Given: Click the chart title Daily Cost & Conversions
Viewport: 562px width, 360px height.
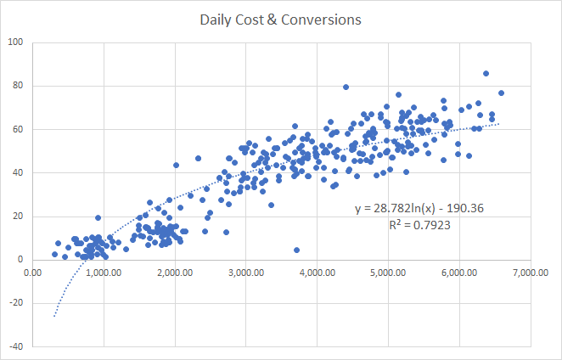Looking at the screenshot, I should pos(279,18).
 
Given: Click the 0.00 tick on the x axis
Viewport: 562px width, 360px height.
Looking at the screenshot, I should pos(33,273).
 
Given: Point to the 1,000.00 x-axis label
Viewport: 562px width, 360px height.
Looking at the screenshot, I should pos(104,273).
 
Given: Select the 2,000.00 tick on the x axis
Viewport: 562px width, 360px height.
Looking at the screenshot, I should pos(176,273).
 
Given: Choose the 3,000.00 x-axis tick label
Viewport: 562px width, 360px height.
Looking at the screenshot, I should pos(247,273).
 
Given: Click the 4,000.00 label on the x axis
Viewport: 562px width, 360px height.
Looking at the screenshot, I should pos(318,273).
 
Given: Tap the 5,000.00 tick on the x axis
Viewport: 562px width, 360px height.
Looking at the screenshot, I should pos(390,273).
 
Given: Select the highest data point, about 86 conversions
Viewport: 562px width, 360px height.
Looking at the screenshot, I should pos(486,73).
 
